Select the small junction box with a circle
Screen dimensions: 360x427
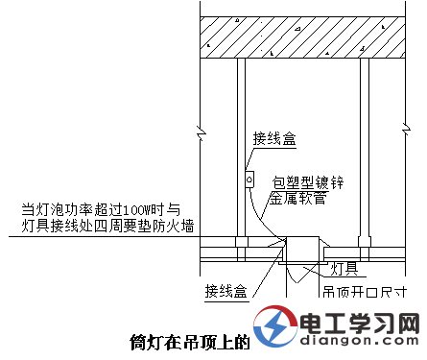(249, 178)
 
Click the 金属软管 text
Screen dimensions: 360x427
(298, 199)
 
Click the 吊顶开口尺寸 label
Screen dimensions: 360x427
(370, 291)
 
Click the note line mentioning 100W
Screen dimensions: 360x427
(97, 210)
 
